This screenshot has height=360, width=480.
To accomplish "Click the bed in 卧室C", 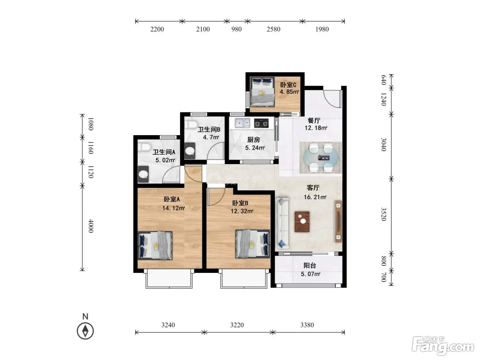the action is [x=262, y=92].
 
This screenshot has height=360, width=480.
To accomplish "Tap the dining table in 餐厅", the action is [x=320, y=157].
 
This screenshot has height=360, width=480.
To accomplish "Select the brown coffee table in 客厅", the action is [x=302, y=221].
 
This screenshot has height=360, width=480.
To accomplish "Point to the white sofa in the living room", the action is [x=282, y=223].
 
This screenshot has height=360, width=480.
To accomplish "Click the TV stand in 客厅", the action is [x=338, y=221].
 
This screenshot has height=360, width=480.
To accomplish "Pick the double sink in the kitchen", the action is [x=242, y=123].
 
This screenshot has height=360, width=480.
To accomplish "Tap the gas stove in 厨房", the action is [x=261, y=123].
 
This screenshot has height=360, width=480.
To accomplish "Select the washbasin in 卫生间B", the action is [x=190, y=151].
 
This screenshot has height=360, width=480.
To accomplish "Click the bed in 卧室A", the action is [x=155, y=246].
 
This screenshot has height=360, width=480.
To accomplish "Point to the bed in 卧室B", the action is [x=253, y=244].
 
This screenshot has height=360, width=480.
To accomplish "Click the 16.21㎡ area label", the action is [x=315, y=197].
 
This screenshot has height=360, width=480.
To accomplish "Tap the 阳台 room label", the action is [x=310, y=266].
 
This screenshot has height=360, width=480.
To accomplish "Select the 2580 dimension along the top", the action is [x=273, y=29].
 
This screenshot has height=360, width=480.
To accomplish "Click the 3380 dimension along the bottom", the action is [x=307, y=325].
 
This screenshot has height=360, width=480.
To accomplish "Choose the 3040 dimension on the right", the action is [x=384, y=144].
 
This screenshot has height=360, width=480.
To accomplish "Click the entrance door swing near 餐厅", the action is [x=332, y=99].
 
